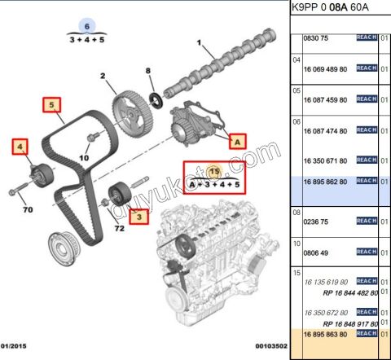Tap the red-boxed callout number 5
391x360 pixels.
51,105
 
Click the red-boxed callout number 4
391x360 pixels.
19,147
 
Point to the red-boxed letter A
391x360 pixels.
237,140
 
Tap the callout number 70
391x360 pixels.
28,210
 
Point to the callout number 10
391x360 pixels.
84,157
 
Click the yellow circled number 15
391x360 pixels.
214,172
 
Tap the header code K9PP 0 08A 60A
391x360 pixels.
330,8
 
